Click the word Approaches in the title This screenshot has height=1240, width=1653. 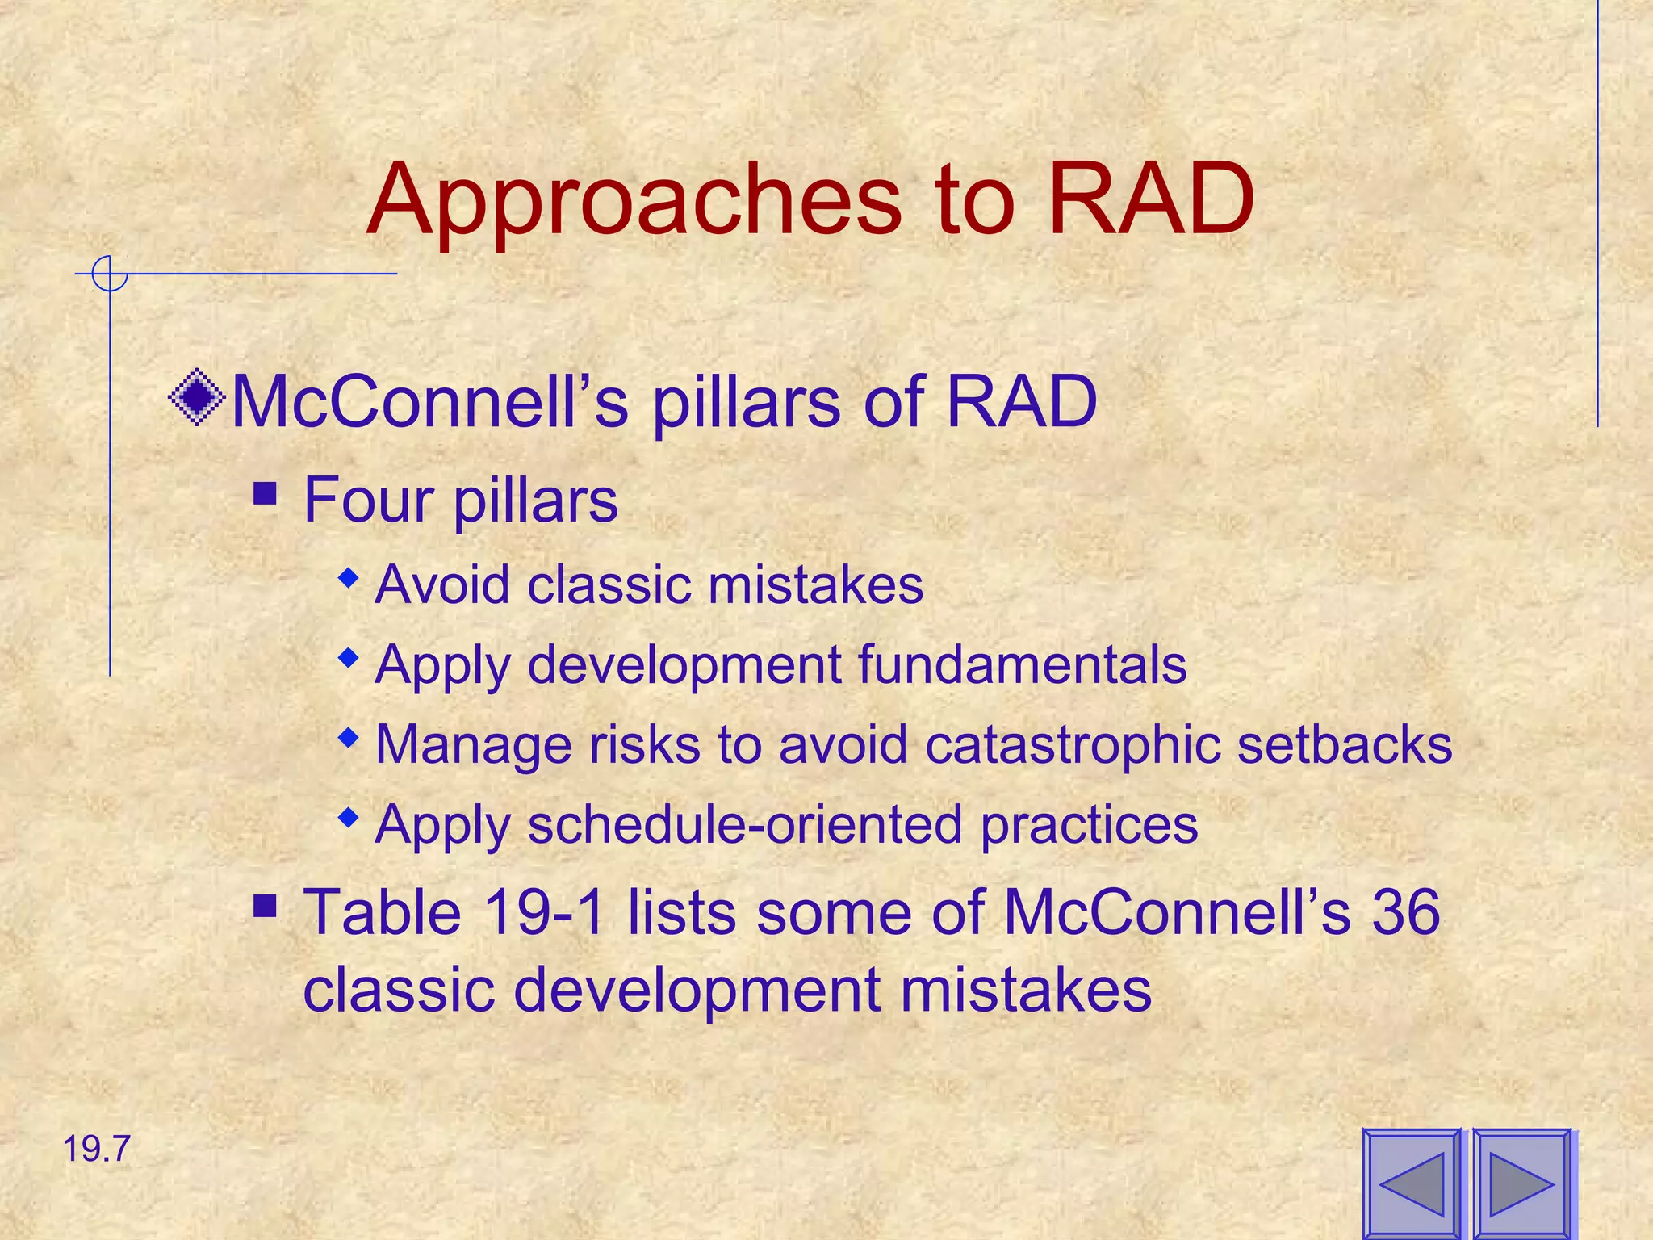point(634,202)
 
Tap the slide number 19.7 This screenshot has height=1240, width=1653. point(96,1149)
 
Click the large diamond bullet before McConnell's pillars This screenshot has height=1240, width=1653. point(197,397)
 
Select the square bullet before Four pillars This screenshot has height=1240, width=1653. point(265,493)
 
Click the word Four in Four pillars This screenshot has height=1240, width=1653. point(369,501)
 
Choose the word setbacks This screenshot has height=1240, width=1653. point(1345,744)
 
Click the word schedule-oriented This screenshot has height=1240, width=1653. point(745,825)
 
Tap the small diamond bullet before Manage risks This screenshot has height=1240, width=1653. point(348,737)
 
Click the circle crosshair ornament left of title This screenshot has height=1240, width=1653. point(110,274)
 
